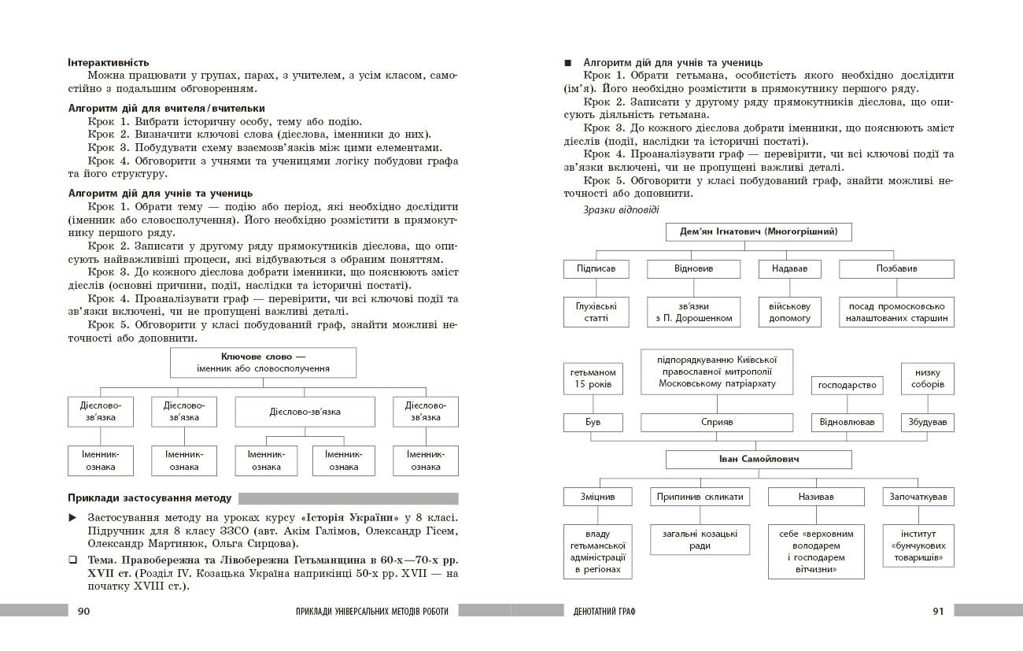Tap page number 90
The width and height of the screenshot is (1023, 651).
pos(83,610)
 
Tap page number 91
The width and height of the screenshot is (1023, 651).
pos(937,610)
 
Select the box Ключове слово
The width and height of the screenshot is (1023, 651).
pos(264,363)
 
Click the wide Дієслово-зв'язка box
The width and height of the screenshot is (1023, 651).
pos(305,412)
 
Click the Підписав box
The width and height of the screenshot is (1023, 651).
pos(596,268)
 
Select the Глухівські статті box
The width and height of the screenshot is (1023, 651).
pos(596,312)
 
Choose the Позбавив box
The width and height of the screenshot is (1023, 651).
pos(896,268)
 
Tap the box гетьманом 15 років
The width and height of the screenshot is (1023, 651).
pos(593,379)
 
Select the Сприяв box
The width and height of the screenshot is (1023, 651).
pos(717,422)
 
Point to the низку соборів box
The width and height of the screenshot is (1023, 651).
pos(927,379)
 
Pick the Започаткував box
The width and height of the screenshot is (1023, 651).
pos(919,497)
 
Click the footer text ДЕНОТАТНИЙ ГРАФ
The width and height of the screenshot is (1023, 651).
pos(605,611)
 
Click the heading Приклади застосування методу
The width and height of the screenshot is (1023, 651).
pos(150,498)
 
